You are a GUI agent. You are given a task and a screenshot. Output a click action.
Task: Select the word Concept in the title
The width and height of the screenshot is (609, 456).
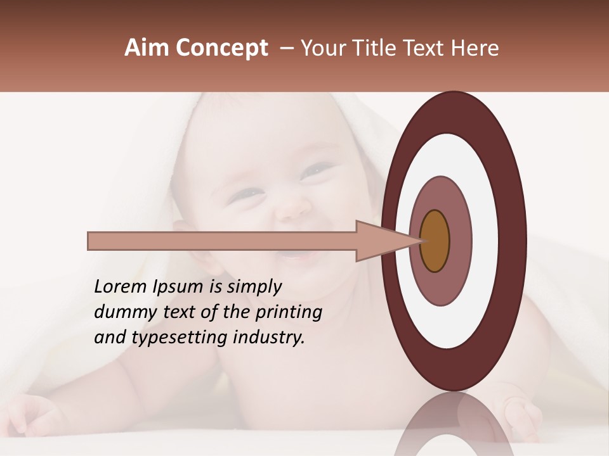[222, 48]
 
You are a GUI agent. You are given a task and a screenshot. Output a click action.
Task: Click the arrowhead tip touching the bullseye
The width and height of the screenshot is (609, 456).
[419, 241]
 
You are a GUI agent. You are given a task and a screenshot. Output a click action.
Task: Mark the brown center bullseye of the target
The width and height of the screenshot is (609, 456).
[435, 241]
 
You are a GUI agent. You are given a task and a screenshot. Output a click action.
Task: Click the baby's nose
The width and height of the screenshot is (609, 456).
[295, 206]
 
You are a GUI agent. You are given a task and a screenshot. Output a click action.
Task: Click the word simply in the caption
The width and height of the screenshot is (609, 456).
[254, 287]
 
